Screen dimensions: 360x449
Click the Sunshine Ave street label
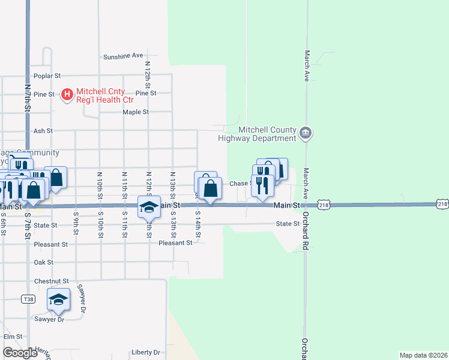[x=123, y=56]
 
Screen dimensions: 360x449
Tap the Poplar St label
[x=47, y=76]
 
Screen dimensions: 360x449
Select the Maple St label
[x=136, y=112]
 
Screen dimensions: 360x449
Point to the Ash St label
[x=43, y=130]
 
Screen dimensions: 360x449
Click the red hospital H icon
[x=67, y=94]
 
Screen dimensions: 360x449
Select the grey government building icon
[x=306, y=133]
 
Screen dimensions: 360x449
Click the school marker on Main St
[x=149, y=208]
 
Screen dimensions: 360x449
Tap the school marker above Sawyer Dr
[x=58, y=299]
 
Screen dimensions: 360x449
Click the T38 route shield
[x=28, y=299]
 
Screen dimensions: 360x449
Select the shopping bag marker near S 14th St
[x=210, y=188]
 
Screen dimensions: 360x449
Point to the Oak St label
[x=44, y=262]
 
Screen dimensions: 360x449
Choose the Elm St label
[x=13, y=337]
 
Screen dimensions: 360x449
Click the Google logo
[x=20, y=353]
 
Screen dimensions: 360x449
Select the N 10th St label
[x=100, y=183]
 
